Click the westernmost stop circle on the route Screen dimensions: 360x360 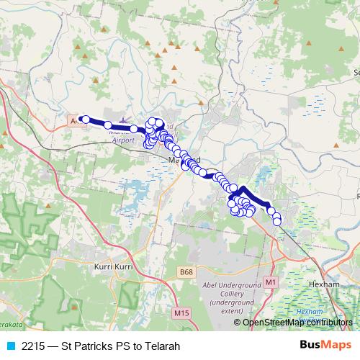coord(84,120)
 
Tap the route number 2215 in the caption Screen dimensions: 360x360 coord(33,346)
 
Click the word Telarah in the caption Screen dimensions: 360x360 coord(161,346)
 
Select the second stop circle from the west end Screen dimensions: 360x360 coord(108,125)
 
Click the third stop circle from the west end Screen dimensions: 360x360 coord(134,129)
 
